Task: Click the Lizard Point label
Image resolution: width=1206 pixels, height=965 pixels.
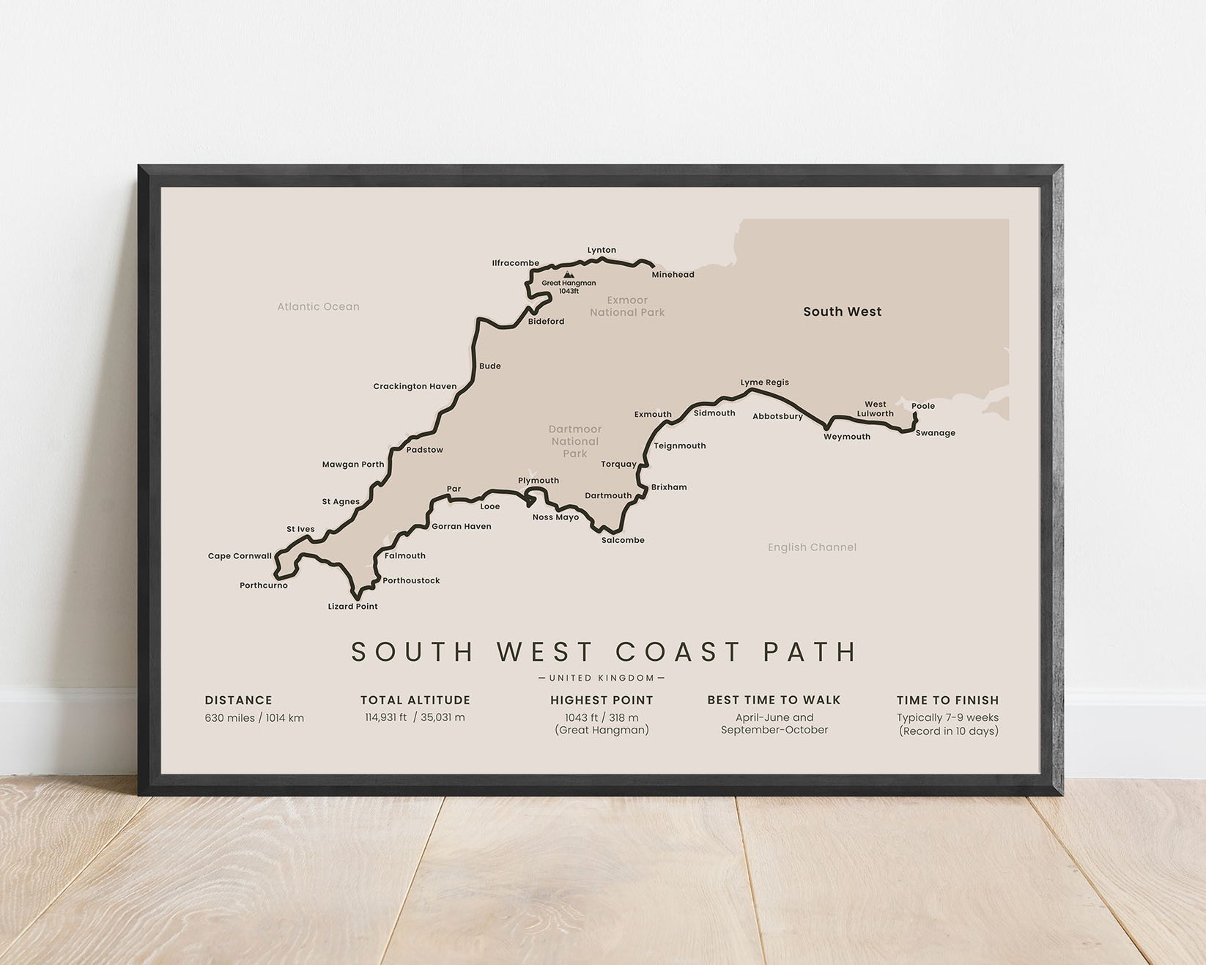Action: tap(352, 607)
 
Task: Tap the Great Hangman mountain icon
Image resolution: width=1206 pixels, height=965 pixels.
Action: tap(568, 275)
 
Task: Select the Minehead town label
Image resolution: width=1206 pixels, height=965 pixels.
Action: tap(673, 275)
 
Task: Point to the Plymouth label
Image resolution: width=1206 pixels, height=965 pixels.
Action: tap(539, 481)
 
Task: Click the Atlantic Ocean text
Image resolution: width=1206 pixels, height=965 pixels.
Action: tap(318, 307)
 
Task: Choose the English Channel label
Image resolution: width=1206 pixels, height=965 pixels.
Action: tap(812, 547)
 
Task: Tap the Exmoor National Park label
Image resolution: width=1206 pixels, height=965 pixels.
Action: tap(627, 306)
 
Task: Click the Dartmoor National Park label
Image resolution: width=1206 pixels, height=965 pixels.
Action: tap(575, 441)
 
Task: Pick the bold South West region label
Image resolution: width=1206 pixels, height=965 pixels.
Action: tap(842, 311)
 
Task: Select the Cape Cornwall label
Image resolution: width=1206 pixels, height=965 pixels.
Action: tap(240, 556)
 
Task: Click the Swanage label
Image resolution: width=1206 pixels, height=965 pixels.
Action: tap(935, 433)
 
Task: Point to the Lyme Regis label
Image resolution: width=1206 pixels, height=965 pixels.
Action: tap(764, 382)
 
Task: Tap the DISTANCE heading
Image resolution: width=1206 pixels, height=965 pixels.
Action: tap(238, 700)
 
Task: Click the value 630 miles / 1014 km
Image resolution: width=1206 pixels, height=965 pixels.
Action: tap(254, 718)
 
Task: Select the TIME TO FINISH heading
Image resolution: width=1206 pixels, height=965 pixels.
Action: tap(947, 700)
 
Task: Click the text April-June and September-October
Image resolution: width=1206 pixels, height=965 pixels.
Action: tap(774, 724)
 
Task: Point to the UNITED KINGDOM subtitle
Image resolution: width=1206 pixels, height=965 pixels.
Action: tap(602, 679)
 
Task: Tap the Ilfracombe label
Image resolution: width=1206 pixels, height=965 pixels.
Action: tap(515, 263)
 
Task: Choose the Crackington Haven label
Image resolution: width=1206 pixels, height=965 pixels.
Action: tap(415, 387)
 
